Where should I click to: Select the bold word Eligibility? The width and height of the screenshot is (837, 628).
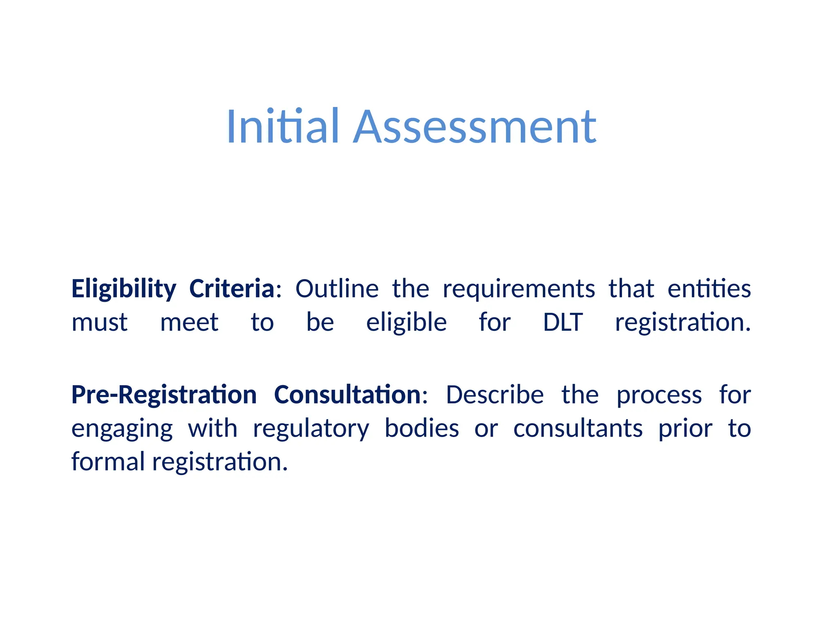[124, 289]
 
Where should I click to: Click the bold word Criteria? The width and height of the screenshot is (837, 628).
[232, 289]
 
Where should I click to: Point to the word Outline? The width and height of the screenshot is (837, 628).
[337, 289]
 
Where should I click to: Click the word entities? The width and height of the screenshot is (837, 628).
[709, 289]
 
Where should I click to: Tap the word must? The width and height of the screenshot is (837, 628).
[99, 323]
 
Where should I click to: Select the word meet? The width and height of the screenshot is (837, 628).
[189, 323]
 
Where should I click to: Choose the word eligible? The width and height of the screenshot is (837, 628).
[406, 323]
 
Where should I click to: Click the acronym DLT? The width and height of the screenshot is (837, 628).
[563, 322]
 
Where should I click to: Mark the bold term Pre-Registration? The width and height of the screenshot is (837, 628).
[164, 395]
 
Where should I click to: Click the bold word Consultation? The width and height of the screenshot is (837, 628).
[347, 395]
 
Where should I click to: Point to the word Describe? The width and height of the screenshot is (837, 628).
[495, 395]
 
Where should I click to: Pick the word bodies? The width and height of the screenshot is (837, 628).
[422, 428]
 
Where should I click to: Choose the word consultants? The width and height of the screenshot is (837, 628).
[578, 428]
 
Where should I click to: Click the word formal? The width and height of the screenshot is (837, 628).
[108, 462]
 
